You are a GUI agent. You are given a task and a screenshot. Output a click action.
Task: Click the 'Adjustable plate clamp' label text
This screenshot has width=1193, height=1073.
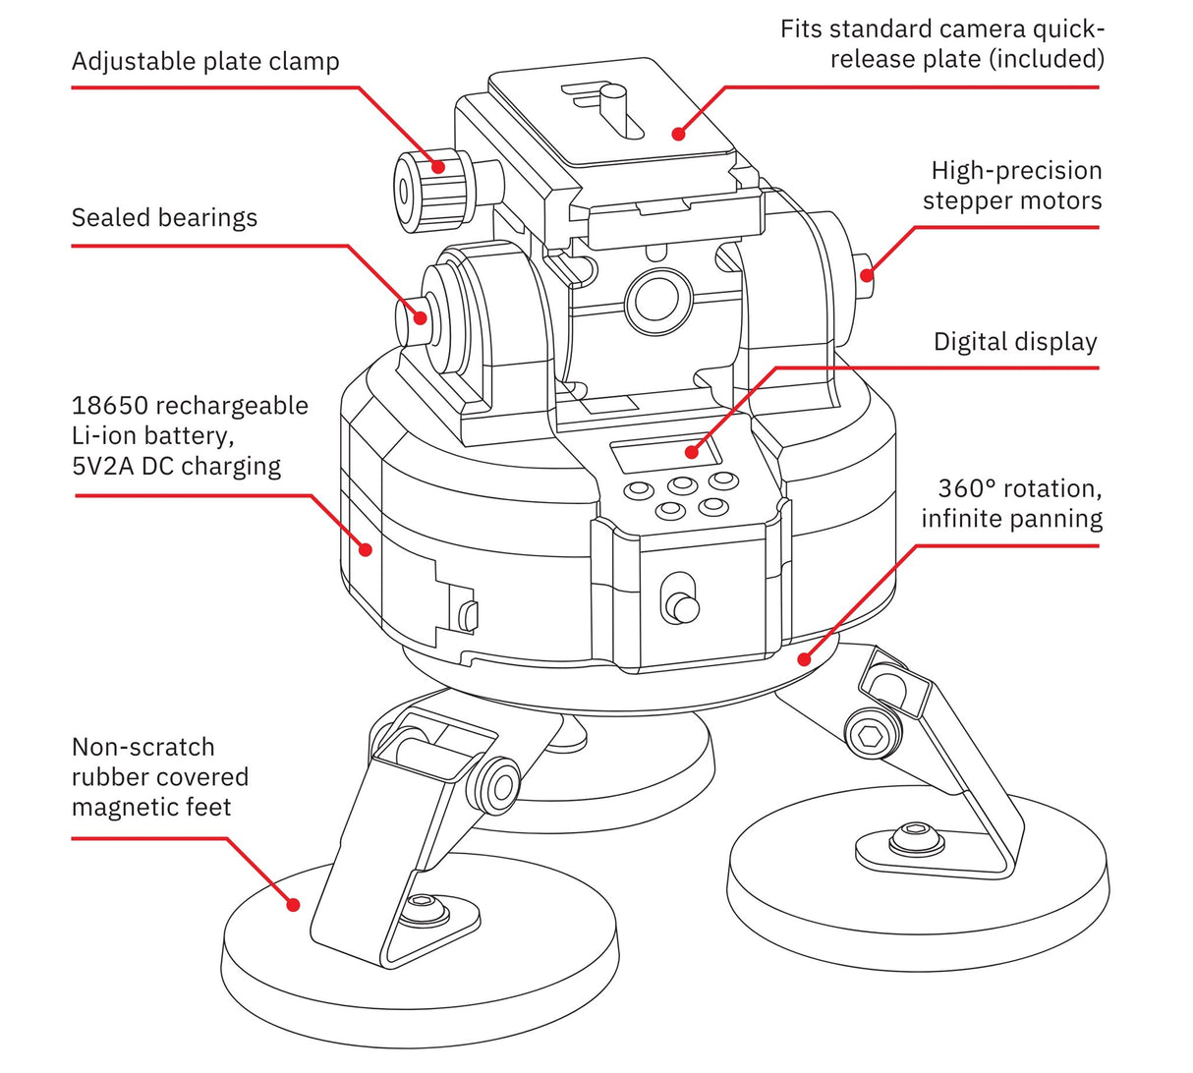205,62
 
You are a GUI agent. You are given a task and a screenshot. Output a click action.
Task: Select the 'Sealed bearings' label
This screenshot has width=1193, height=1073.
164,218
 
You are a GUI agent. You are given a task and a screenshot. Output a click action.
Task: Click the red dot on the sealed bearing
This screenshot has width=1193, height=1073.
420,317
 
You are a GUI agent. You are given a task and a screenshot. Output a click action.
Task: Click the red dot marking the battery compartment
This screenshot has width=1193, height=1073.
366,549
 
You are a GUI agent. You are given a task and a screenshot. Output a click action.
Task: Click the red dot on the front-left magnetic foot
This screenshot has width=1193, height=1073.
292,905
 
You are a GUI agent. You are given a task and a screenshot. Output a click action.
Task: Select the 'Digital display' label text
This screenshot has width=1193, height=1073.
1014,343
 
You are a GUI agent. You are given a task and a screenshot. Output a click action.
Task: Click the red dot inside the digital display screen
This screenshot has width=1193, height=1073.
692,452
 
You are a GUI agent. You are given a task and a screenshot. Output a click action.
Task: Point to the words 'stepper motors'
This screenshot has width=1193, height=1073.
1012,201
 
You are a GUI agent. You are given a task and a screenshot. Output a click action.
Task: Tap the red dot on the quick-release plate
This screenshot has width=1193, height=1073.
677,132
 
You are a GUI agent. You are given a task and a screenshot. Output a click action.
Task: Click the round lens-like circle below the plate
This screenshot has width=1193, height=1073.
657,296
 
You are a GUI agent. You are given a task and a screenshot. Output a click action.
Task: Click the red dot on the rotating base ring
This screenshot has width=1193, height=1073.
804,659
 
